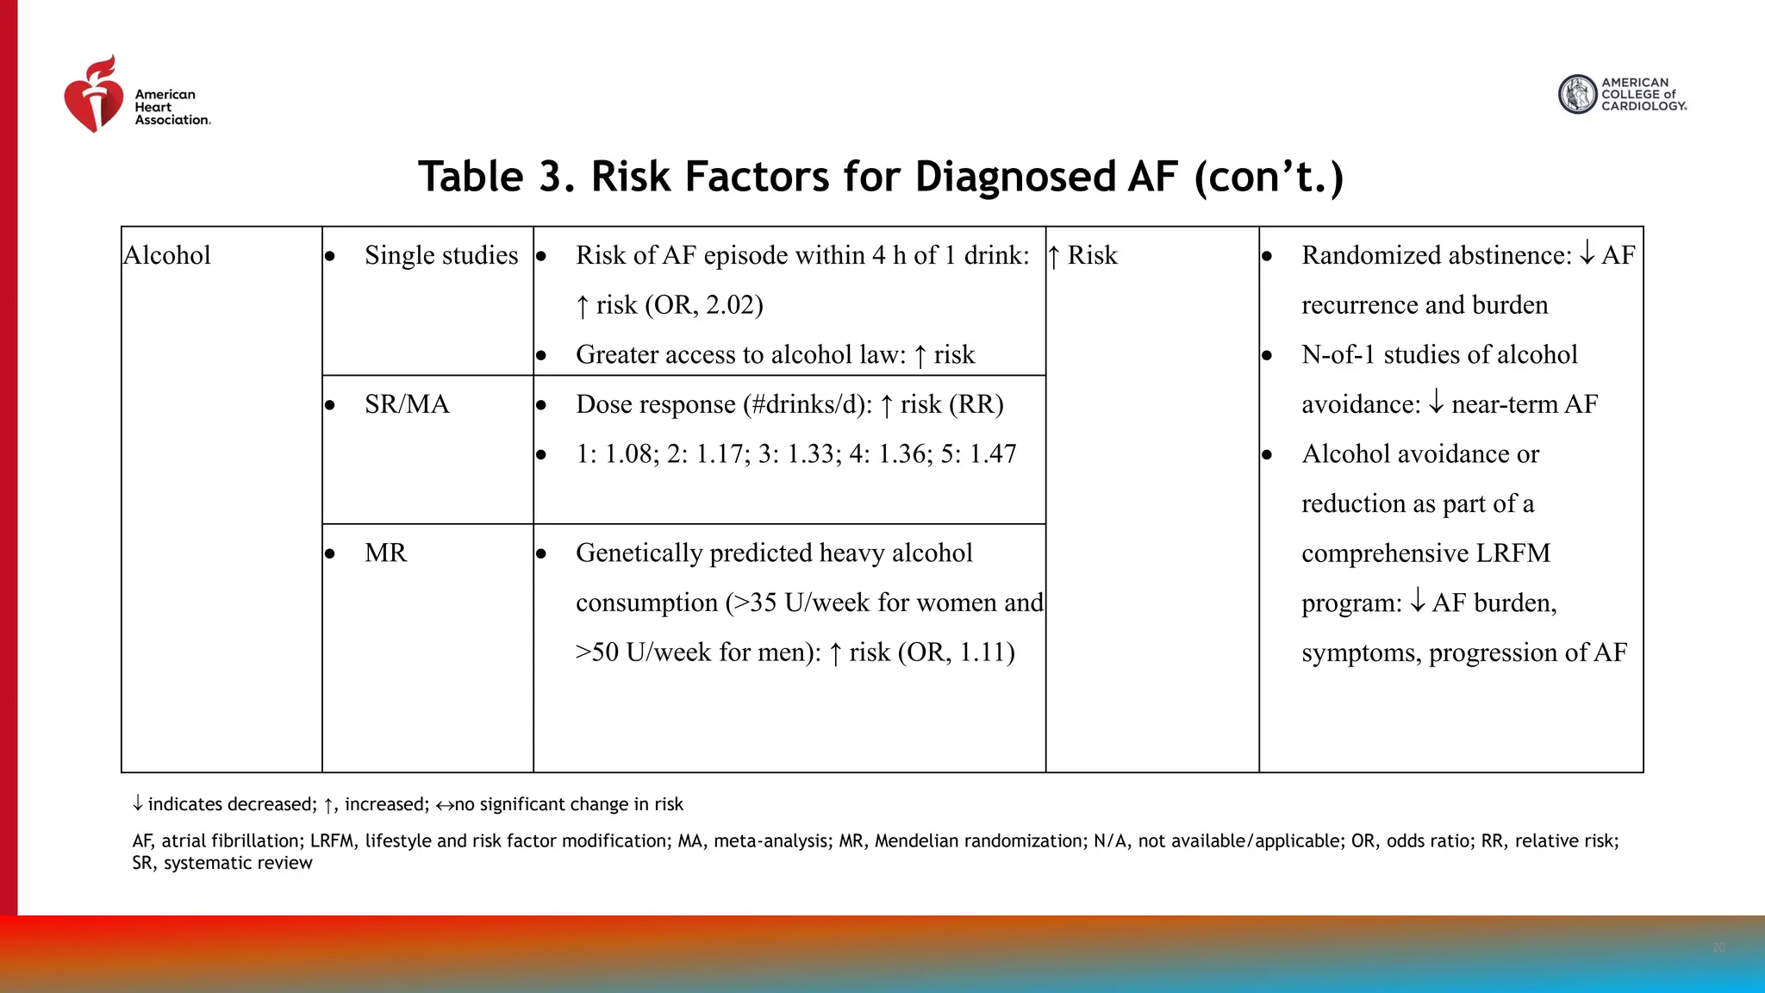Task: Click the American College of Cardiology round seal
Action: click(1578, 95)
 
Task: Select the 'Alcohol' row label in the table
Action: click(168, 256)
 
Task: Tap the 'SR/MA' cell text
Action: click(407, 404)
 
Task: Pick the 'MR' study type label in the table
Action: click(385, 553)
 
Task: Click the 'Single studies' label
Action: click(441, 256)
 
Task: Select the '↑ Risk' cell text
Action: click(1083, 256)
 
